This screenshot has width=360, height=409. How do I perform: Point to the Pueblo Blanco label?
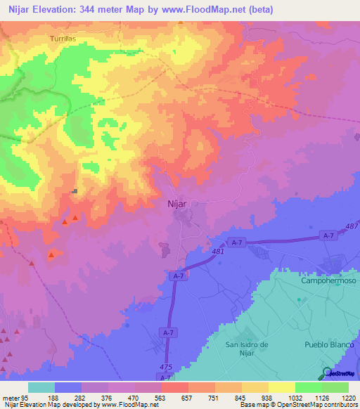click(x=327, y=344)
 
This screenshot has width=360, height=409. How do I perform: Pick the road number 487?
click(x=352, y=226)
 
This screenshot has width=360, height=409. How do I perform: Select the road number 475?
click(x=166, y=366)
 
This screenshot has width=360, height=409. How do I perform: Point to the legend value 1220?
click(x=340, y=397)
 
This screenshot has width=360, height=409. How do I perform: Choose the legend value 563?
click(x=150, y=397)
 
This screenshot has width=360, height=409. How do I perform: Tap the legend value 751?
click(x=202, y=397)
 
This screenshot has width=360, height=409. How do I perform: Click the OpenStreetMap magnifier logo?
click(x=327, y=372)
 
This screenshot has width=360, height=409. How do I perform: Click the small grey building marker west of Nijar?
click(x=74, y=191)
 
